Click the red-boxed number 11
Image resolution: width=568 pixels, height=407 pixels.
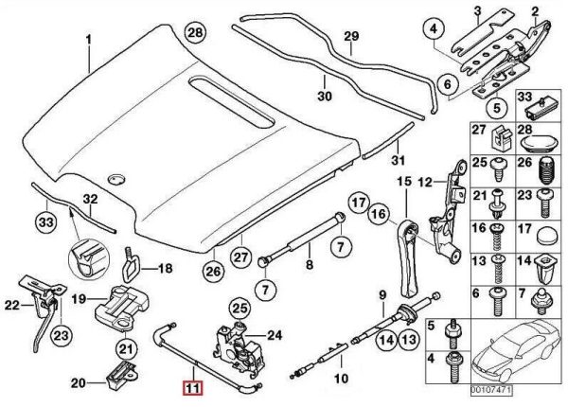[192, 387]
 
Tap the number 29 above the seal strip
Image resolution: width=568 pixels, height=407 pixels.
[351, 37]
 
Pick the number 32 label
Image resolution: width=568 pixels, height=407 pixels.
[88, 200]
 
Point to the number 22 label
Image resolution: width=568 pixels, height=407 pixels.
[11, 304]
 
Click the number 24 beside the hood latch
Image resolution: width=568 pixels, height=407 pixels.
[275, 333]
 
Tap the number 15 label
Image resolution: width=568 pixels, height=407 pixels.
[402, 181]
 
